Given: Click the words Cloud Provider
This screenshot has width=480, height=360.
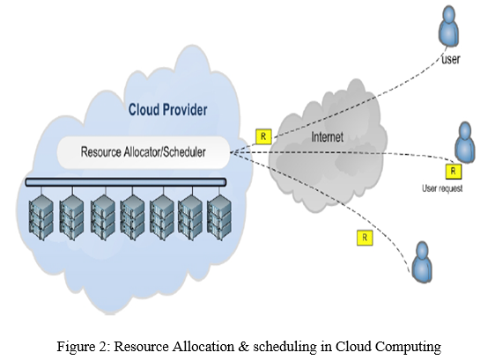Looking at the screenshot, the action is click(x=167, y=109).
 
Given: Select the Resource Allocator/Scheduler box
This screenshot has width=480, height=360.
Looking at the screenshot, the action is click(x=144, y=152).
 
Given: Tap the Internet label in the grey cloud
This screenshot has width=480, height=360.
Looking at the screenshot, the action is click(x=328, y=136).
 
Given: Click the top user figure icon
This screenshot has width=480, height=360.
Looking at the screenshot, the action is click(x=449, y=26).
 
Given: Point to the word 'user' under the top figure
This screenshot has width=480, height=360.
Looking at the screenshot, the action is click(x=451, y=59).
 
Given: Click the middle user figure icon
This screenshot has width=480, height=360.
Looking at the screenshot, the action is click(x=465, y=143).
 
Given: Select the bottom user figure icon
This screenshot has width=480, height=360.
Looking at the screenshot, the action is click(x=422, y=262).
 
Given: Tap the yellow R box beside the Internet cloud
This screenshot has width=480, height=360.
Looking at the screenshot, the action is click(x=263, y=136).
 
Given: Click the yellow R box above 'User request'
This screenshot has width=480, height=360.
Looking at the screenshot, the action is click(x=454, y=172).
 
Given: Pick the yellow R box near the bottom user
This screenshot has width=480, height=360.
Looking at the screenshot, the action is click(x=365, y=238).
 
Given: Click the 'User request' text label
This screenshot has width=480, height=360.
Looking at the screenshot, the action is click(x=442, y=188).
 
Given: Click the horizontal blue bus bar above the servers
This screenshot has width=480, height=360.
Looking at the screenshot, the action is click(x=126, y=182).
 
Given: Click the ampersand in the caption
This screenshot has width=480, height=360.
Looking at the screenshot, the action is click(x=243, y=347).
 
